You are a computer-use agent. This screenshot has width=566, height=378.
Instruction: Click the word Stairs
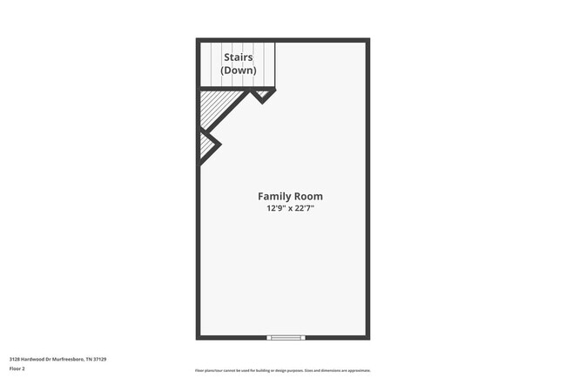coord(238,57)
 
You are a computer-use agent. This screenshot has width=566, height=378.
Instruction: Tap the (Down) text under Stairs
coord(238,70)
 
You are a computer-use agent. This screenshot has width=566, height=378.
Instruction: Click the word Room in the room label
coord(310,196)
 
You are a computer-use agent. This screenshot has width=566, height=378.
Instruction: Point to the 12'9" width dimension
coord(277,209)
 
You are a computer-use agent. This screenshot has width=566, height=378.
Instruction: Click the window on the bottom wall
coord(286,337)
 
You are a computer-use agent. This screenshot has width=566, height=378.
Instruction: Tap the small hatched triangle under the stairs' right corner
coord(262,94)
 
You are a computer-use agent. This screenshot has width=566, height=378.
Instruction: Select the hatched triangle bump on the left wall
coord(206,145)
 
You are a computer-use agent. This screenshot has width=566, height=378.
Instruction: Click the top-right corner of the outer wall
coord(367,40)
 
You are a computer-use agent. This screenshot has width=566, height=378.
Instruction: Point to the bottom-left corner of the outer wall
coord(199,337)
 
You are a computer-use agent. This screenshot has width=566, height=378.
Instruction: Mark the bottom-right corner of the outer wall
coord(367,337)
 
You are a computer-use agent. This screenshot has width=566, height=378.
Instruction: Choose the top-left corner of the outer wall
coord(199,40)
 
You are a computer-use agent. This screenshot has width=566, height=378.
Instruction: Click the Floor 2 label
coord(17,368)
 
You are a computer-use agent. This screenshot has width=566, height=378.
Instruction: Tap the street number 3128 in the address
coord(15,359)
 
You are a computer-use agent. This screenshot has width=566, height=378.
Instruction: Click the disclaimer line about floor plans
coord(282,370)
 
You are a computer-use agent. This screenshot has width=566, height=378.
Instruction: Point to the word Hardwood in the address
coord(33,359)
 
